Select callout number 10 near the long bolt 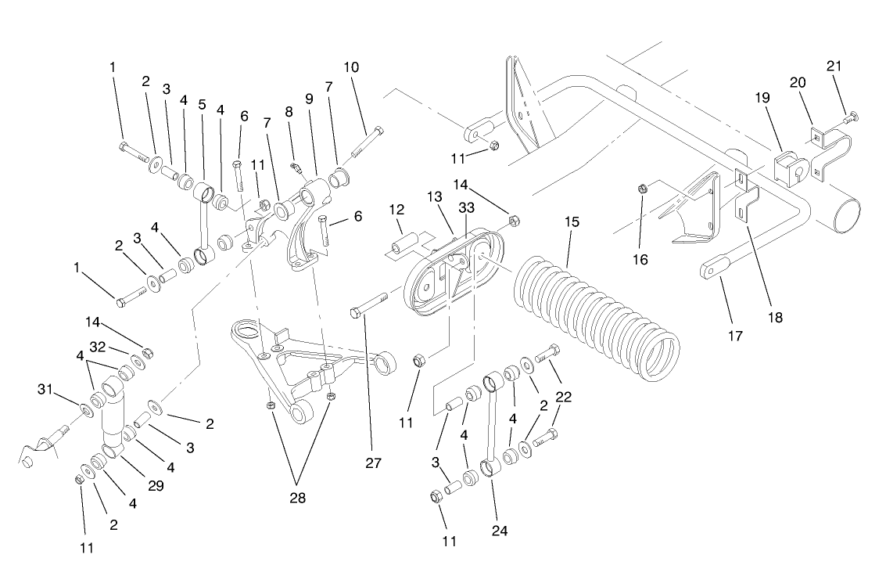coord(351,67)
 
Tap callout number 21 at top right coord(834,67)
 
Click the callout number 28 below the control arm coord(298,497)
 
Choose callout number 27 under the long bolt coord(373,463)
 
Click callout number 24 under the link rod coord(500,531)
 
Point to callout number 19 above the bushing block coord(762,98)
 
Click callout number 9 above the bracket coord(308,99)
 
